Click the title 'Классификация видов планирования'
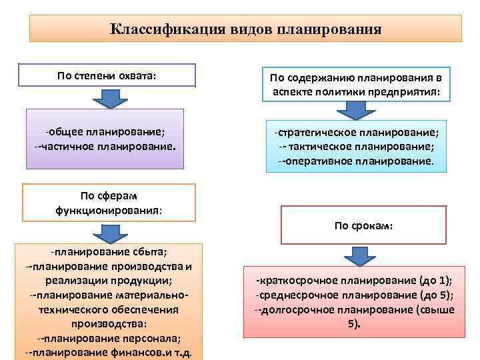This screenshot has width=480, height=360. click(245, 29)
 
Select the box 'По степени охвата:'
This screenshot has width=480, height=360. click(107, 75)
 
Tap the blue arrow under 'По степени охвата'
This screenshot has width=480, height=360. click(107, 98)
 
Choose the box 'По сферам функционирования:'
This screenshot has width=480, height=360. click(109, 203)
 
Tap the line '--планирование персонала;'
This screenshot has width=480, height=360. click(109, 337)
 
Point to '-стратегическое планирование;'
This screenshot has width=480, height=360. click(357, 133)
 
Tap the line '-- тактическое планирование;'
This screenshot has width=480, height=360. click(357, 147)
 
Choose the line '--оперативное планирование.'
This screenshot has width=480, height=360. click(357, 161)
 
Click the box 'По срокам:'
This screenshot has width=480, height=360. click(363, 226)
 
